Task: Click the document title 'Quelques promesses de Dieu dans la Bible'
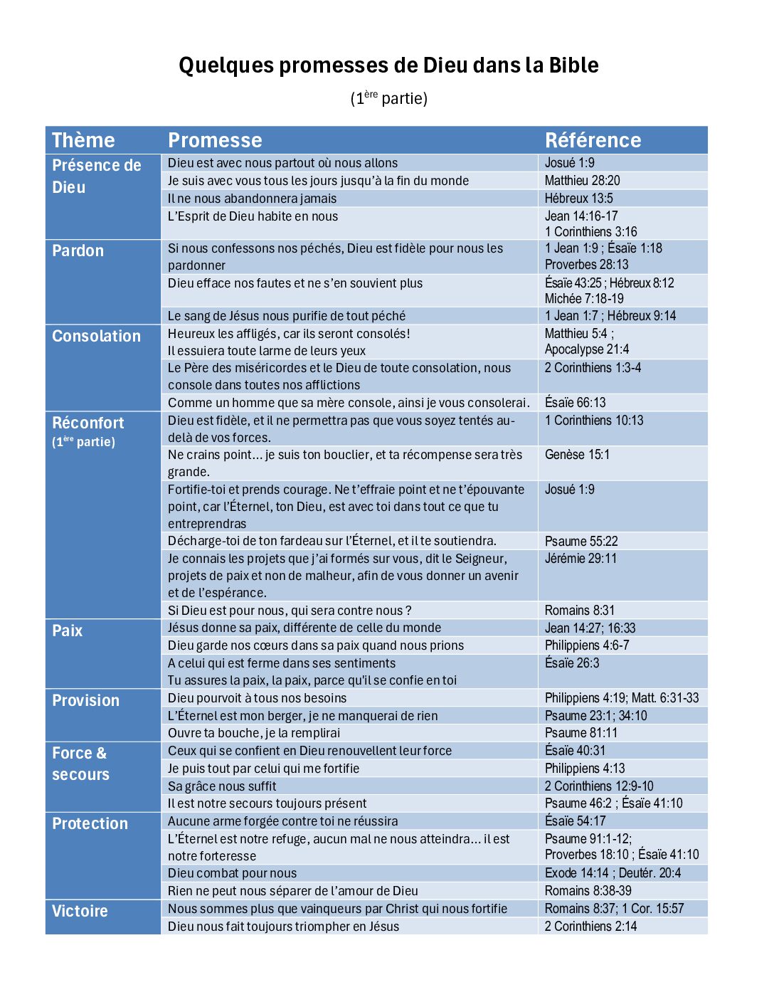388,65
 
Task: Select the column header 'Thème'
83,140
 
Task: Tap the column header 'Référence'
593,140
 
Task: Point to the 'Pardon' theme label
78,251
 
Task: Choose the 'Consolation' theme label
96,337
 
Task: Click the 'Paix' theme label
67,631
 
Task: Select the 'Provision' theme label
85,701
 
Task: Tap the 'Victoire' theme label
80,912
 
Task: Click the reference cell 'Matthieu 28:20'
582,181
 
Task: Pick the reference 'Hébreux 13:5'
578,199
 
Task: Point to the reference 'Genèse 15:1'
577,455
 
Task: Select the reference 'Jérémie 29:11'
580,559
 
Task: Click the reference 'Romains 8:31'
579,611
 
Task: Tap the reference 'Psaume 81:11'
580,733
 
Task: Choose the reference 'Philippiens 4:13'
584,769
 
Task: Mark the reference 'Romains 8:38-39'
588,891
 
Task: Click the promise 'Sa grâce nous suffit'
222,786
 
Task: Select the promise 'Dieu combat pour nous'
232,873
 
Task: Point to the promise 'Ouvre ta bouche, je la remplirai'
254,733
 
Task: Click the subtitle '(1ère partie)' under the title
388,98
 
